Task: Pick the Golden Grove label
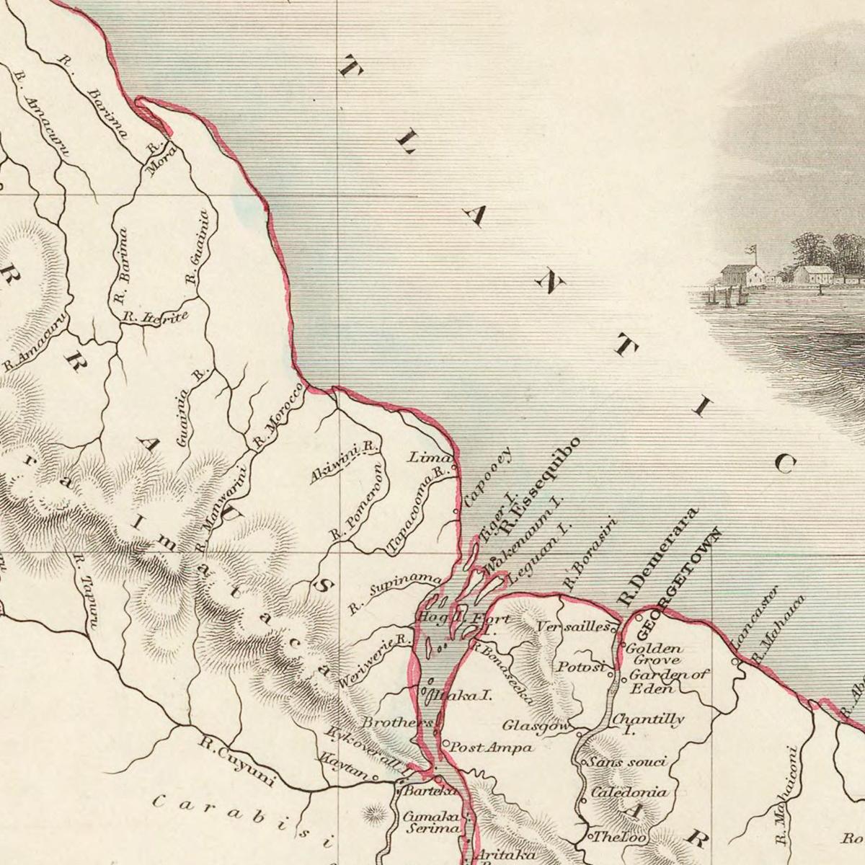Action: [654, 654]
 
